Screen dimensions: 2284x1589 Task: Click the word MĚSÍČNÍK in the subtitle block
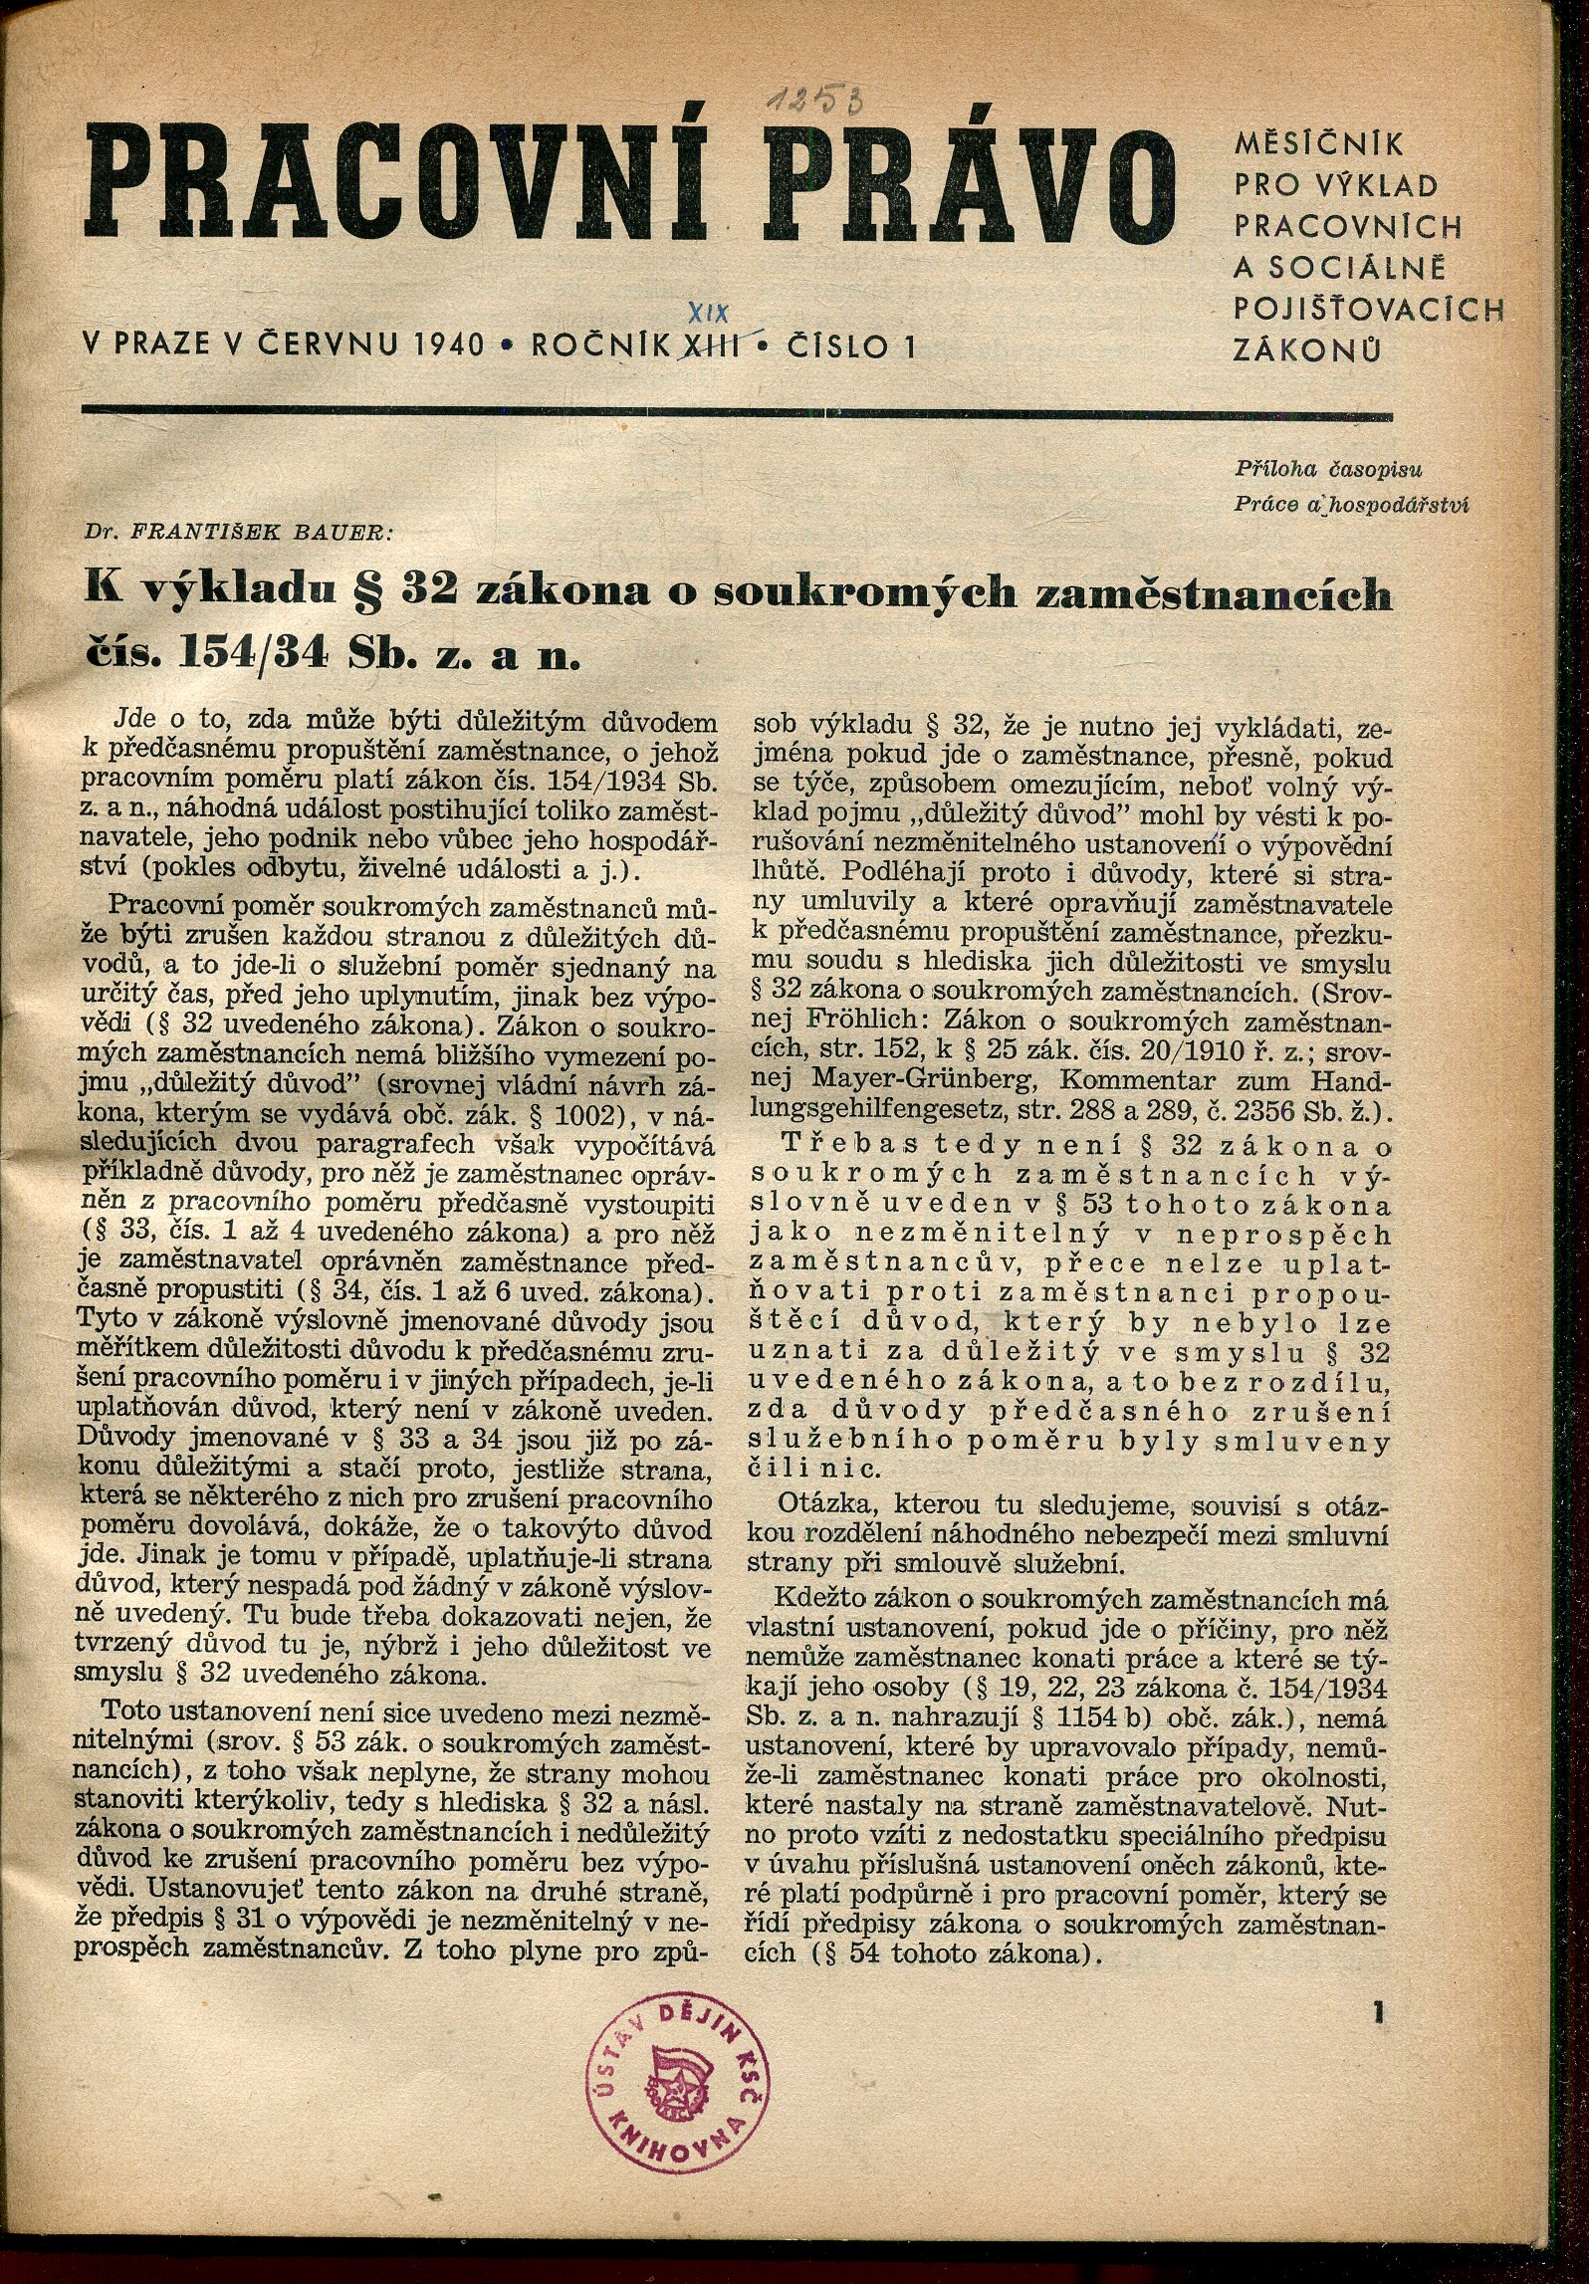1318,145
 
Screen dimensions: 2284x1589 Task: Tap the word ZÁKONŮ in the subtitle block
1305,350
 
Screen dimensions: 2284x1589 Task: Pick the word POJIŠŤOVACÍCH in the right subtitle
1368,310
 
